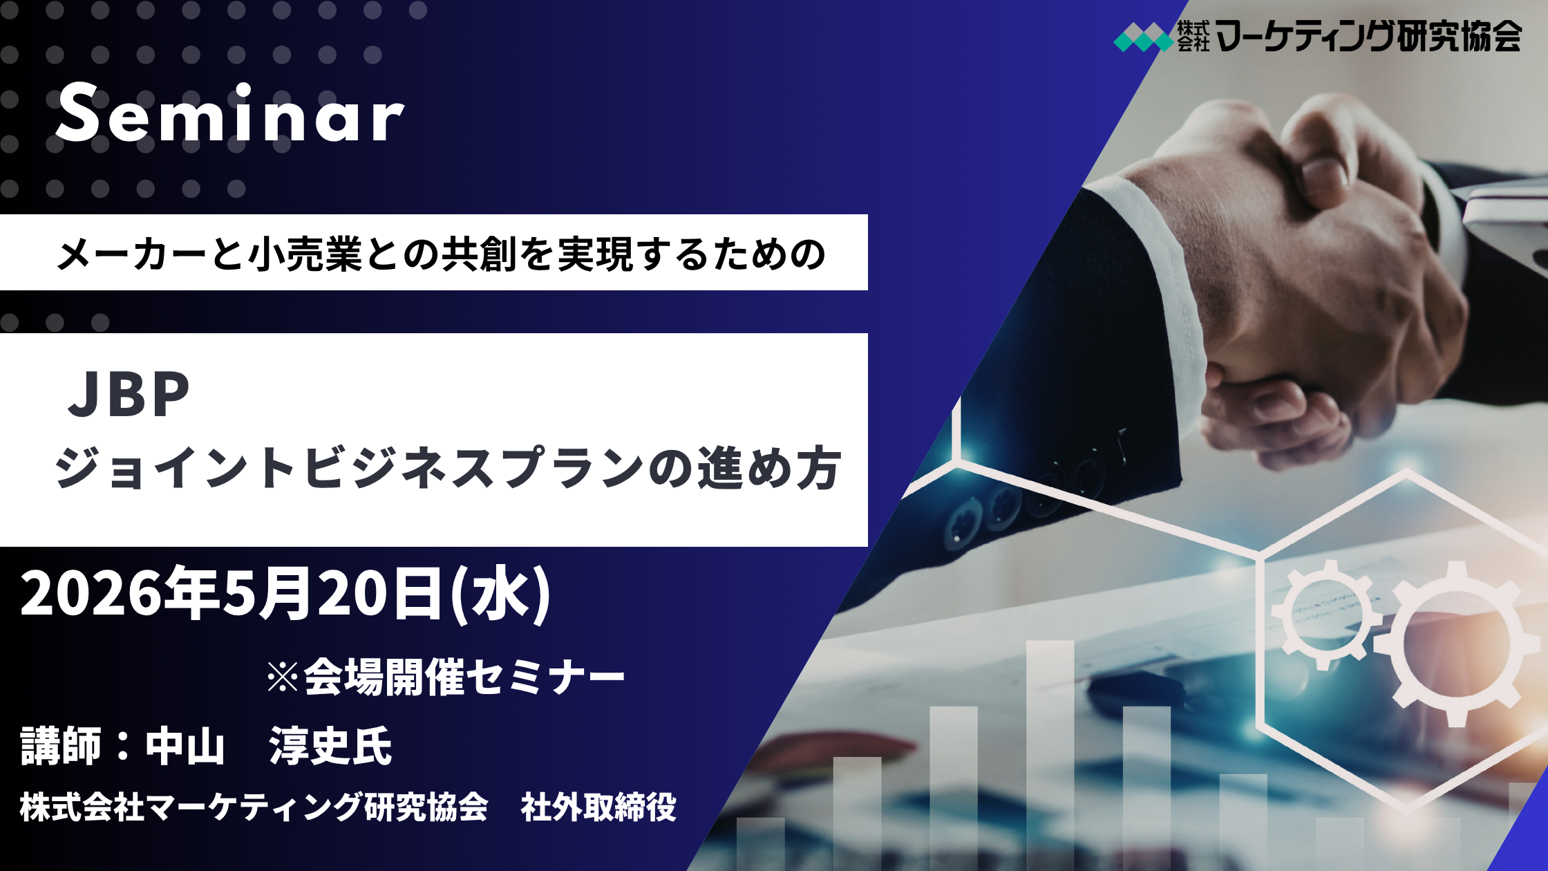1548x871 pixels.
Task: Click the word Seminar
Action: click(x=230, y=113)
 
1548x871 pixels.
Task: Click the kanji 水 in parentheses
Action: click(x=500, y=593)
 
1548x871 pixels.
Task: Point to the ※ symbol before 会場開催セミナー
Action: click(x=283, y=677)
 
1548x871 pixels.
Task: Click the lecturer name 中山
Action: click(x=185, y=747)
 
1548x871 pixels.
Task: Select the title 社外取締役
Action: click(x=598, y=807)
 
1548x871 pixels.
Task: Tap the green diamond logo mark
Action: click(x=1144, y=37)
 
